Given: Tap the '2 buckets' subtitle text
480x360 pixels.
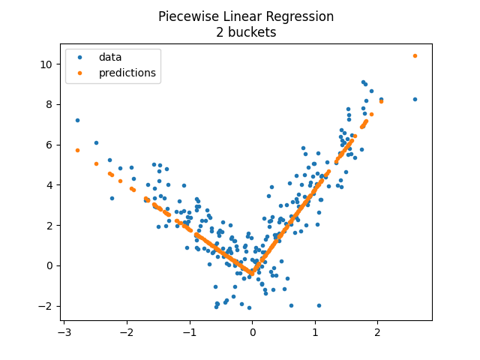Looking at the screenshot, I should tap(246, 32).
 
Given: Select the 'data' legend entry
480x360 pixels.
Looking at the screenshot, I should tap(109, 57).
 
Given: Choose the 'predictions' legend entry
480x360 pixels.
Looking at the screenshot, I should tap(127, 73).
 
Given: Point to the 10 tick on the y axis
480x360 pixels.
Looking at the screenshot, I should tap(46, 64).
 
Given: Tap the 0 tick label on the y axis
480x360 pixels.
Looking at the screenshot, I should tap(49, 265).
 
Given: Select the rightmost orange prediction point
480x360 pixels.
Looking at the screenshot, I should tap(415, 55).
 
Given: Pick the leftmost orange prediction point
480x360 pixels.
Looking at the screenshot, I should tap(77, 150).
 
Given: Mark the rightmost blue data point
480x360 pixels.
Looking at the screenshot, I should tap(415, 99).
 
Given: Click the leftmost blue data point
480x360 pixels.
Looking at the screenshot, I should tap(77, 120).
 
